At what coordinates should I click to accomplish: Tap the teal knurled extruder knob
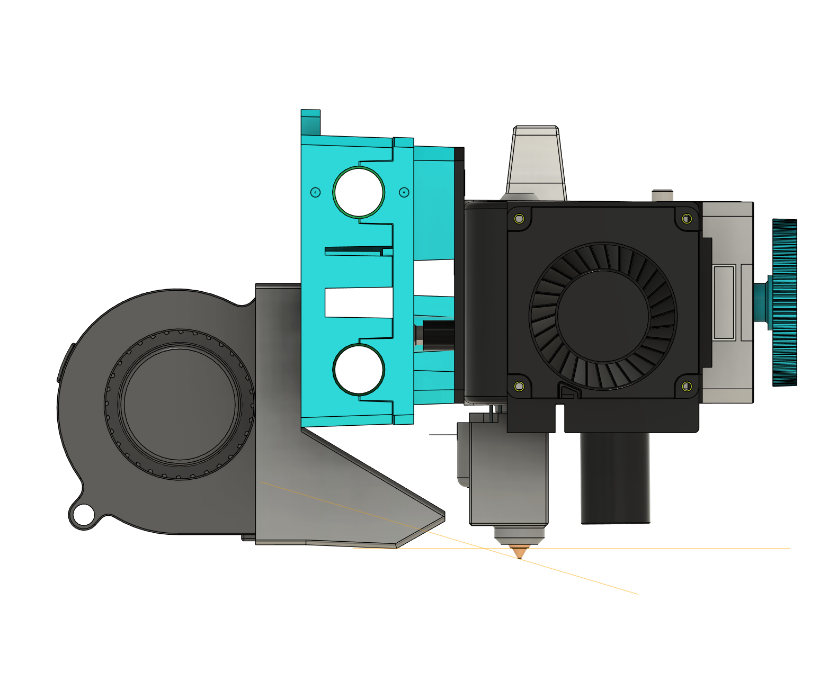pyautogui.click(x=785, y=302)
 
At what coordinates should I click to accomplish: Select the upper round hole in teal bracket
pyautogui.click(x=359, y=192)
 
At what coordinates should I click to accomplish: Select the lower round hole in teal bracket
pyautogui.click(x=359, y=370)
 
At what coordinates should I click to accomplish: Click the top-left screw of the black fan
pyautogui.click(x=519, y=219)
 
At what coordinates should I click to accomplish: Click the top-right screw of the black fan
pyautogui.click(x=687, y=219)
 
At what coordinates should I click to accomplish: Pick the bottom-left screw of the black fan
pyautogui.click(x=519, y=387)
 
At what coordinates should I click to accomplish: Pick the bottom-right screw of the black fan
pyautogui.click(x=687, y=387)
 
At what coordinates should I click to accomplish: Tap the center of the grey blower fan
pyautogui.click(x=180, y=404)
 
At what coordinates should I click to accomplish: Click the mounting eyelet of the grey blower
pyautogui.click(x=83, y=514)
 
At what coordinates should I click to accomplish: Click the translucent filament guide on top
pyautogui.click(x=536, y=162)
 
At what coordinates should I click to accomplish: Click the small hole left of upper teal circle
pyautogui.click(x=315, y=192)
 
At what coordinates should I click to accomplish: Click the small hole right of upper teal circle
pyautogui.click(x=404, y=192)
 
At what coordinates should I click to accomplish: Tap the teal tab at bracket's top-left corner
pyautogui.click(x=310, y=122)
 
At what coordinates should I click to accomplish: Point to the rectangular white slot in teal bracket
pyautogui.click(x=359, y=303)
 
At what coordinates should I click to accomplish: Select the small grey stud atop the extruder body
pyautogui.click(x=662, y=195)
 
